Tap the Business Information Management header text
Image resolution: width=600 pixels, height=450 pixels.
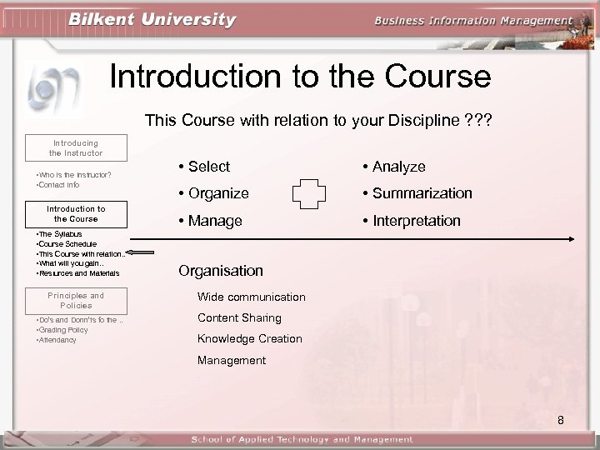[474, 21]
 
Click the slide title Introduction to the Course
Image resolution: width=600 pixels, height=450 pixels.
[300, 77]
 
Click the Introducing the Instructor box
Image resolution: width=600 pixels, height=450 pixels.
[75, 147]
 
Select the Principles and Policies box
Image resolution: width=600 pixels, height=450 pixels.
[75, 300]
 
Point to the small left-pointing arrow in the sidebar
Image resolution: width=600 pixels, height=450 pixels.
[142, 253]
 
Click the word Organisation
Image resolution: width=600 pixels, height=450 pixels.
[221, 271]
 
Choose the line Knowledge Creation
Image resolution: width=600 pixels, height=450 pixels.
[249, 338]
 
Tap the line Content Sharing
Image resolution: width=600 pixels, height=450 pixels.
[239, 317]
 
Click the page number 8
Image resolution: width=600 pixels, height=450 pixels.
[561, 420]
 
